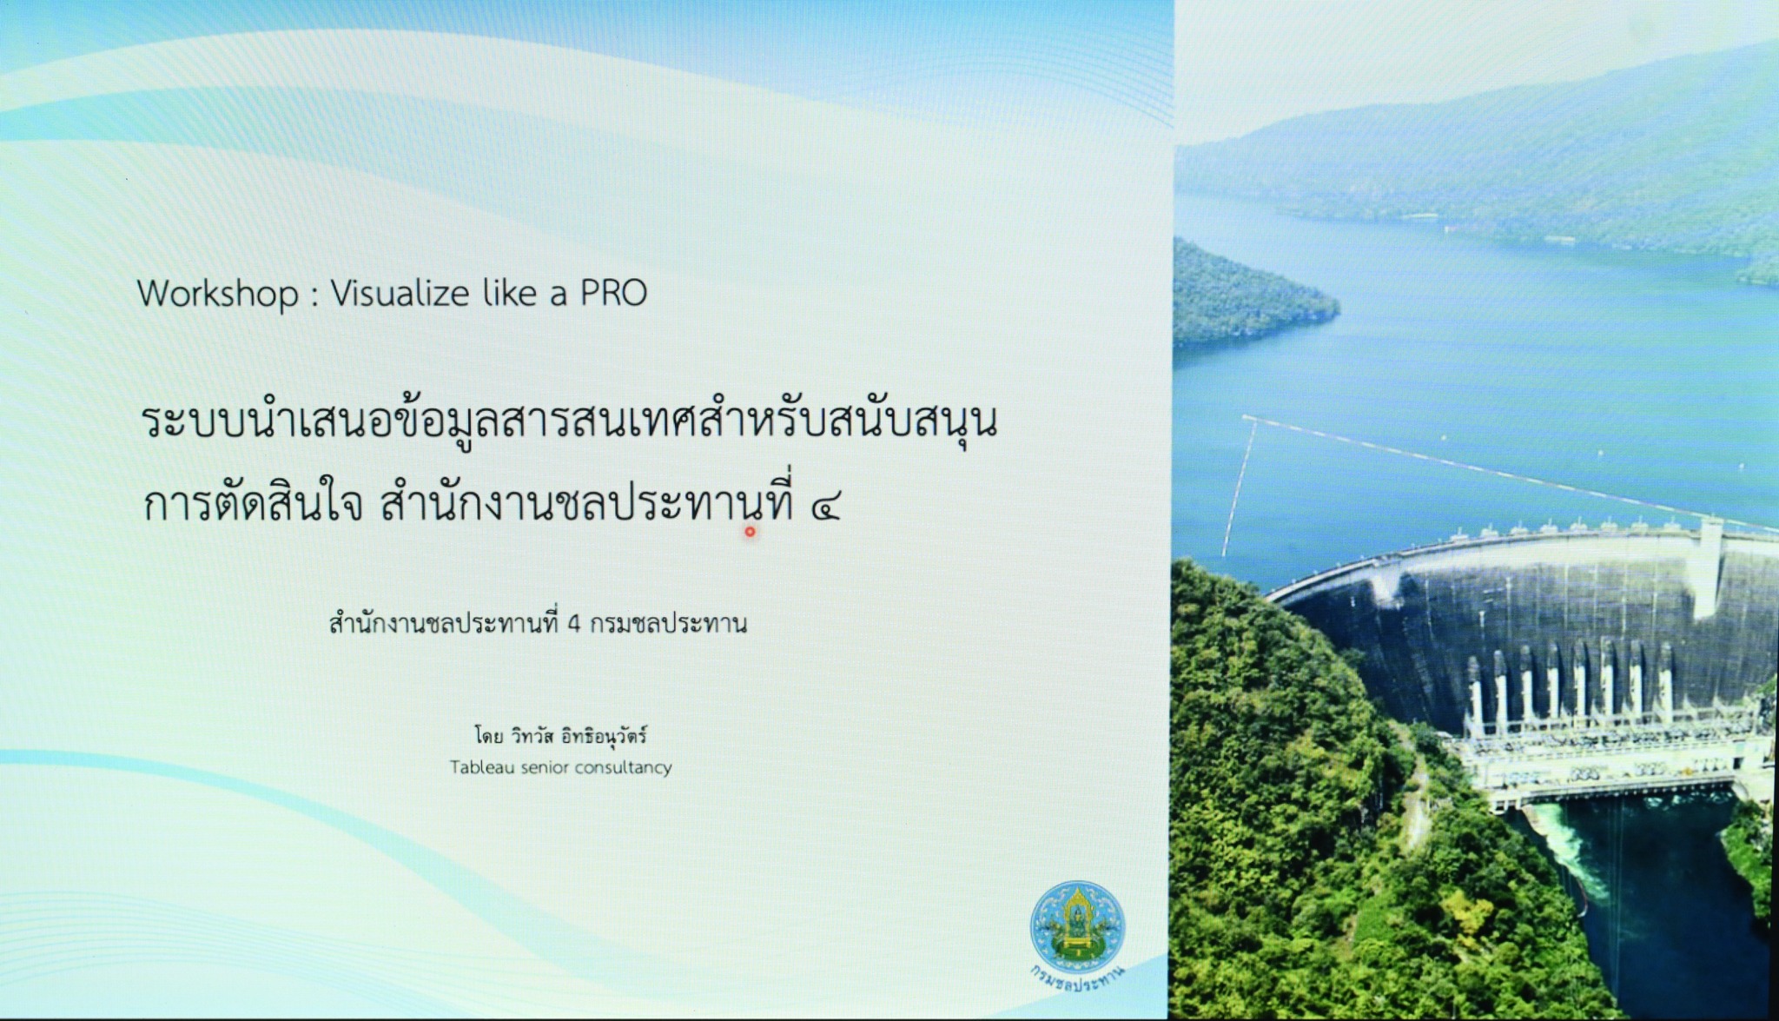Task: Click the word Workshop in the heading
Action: pyautogui.click(x=218, y=294)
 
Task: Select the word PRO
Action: pyautogui.click(x=613, y=293)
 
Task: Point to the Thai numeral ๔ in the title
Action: pyautogui.click(x=823, y=507)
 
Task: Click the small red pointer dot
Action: pyautogui.click(x=750, y=532)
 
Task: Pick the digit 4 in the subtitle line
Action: pyautogui.click(x=573, y=625)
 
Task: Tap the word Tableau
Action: pyautogui.click(x=479, y=767)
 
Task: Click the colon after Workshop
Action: pyautogui.click(x=314, y=296)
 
